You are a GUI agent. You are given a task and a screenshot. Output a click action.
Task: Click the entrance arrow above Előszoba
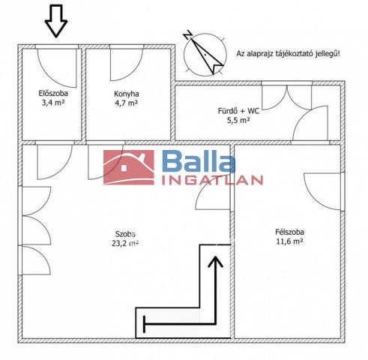[x=56, y=21]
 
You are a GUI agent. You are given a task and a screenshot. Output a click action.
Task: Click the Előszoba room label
[x=53, y=94]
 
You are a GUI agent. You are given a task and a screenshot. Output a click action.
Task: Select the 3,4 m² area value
[x=53, y=103]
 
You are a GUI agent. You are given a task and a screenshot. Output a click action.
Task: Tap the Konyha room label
[x=127, y=94]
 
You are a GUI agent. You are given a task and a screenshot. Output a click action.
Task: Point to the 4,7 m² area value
[x=127, y=103]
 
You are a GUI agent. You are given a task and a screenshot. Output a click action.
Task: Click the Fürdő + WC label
[x=238, y=111]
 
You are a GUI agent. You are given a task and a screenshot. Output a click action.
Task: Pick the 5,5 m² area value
[x=238, y=120]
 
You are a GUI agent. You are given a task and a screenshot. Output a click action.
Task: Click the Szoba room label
[x=125, y=234]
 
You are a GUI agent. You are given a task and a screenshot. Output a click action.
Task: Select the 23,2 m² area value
[x=125, y=243]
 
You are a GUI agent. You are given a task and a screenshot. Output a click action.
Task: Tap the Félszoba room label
[x=289, y=232]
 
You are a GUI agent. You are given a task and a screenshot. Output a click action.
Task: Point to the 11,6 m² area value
[x=289, y=241]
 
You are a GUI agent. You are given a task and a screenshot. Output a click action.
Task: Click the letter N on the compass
[x=187, y=34]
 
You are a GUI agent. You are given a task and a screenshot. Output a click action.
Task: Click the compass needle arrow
[x=207, y=56]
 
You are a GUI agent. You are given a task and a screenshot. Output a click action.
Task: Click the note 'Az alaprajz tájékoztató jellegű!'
[x=288, y=53]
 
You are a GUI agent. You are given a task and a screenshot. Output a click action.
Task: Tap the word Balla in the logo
[x=199, y=161]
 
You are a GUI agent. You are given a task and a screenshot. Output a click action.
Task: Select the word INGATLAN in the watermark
[x=212, y=180]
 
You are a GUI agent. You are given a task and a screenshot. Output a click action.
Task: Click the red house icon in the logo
[x=129, y=167]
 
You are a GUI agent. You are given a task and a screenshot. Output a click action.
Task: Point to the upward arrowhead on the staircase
[x=215, y=262]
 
